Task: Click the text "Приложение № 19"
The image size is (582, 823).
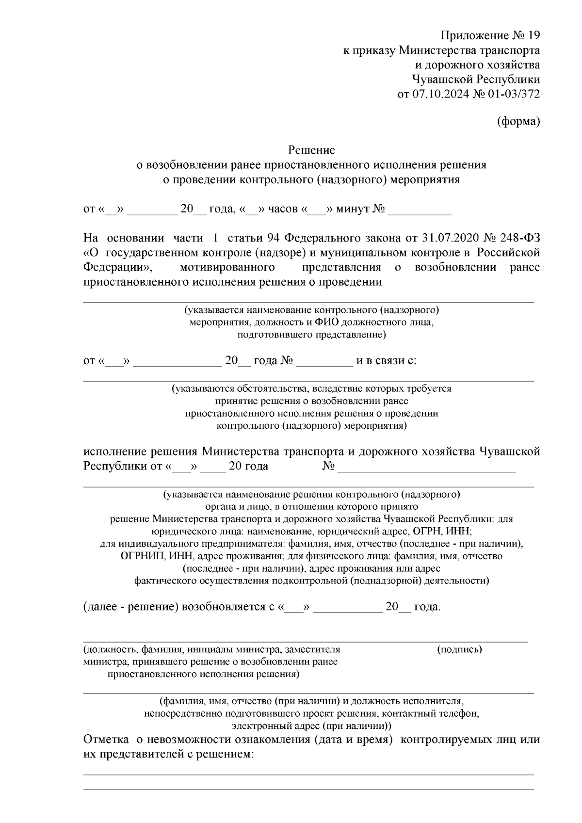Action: pos(490,36)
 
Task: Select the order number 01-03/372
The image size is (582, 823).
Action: pos(513,94)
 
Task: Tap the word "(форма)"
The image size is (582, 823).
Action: pos(518,122)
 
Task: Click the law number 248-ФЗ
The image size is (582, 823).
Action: pos(519,238)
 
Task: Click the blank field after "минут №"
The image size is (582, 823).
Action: pos(420,210)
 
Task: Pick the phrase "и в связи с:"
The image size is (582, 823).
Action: pos(386,361)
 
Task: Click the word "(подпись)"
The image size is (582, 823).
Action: pos(459,649)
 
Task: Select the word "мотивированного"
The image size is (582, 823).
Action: pos(227,267)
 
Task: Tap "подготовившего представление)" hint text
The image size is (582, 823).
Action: pos(311,335)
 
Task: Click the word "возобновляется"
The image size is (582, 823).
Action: pos(221,607)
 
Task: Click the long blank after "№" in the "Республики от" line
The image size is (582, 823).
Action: pos(426,467)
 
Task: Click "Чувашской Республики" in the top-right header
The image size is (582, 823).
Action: pos(476,80)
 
